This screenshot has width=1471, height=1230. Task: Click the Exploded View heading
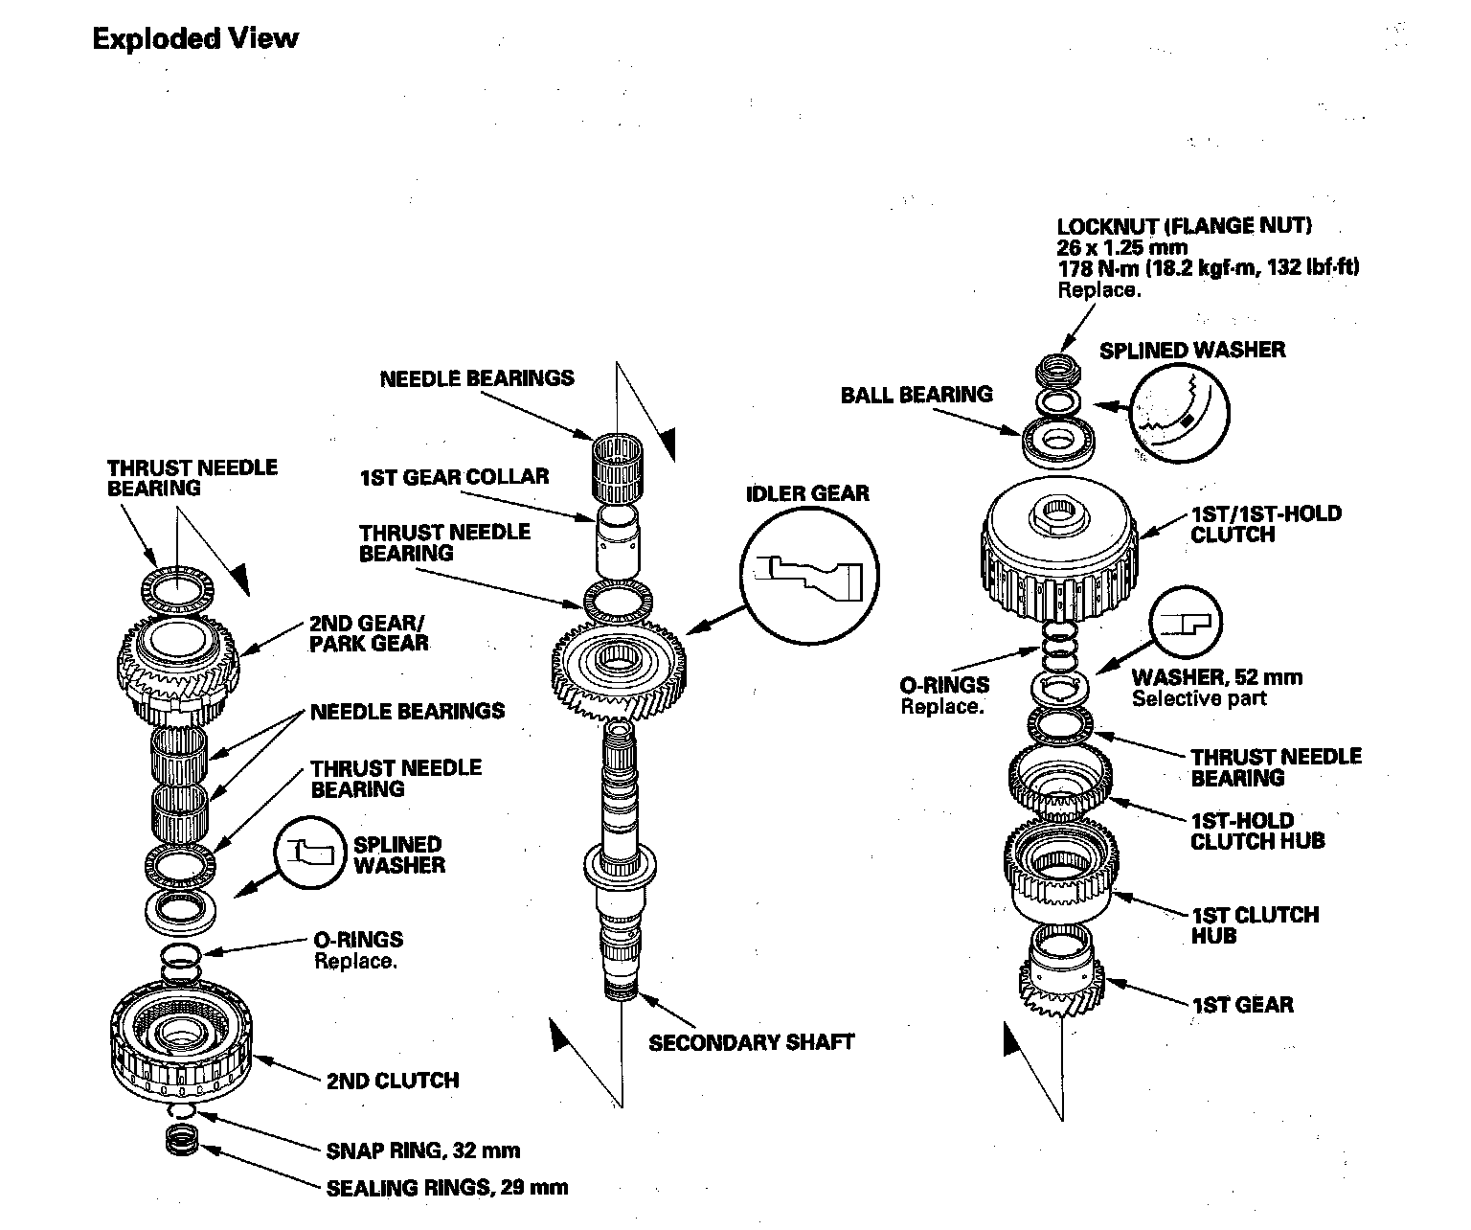tap(195, 39)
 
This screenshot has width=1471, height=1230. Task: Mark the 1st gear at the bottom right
tap(1062, 975)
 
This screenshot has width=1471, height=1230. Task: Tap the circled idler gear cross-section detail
tap(810, 576)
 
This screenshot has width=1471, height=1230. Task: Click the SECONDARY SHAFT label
tap(751, 1042)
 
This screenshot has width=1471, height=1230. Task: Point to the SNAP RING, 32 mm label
tap(423, 1150)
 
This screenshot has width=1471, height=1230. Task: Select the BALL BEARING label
tap(917, 395)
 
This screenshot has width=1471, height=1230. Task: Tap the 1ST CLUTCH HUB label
tap(1254, 924)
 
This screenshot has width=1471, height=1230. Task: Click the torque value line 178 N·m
tap(1208, 268)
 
